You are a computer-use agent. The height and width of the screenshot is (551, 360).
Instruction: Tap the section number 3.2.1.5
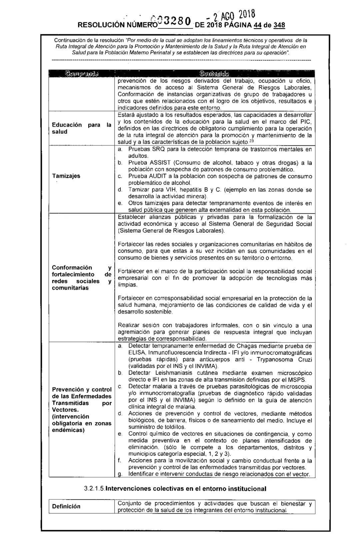click(96, 489)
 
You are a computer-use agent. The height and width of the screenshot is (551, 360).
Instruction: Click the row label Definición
click(66, 506)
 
